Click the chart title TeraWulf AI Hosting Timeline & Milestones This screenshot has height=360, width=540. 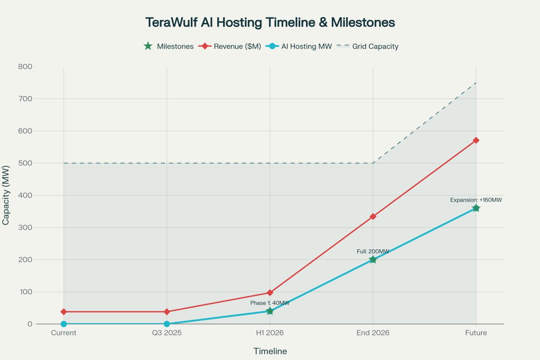click(270, 22)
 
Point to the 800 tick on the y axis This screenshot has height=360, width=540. click(25, 67)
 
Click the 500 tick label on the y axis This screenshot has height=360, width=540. click(25, 163)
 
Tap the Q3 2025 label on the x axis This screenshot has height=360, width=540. click(167, 333)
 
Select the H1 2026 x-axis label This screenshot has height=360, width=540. click(270, 333)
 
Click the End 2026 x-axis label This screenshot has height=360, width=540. click(373, 333)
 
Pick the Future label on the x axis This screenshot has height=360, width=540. click(476, 333)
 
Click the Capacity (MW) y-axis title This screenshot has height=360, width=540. click(6, 195)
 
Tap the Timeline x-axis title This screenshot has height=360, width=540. click(270, 351)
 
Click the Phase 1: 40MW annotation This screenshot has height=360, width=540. click(270, 303)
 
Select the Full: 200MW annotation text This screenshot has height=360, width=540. click(373, 252)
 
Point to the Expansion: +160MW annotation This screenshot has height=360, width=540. click(476, 200)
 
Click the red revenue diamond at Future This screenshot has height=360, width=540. click(476, 140)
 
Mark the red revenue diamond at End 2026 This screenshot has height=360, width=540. click(373, 216)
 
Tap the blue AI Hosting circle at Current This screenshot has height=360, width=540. click(63, 324)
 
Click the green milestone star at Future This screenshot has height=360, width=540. click(476, 208)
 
